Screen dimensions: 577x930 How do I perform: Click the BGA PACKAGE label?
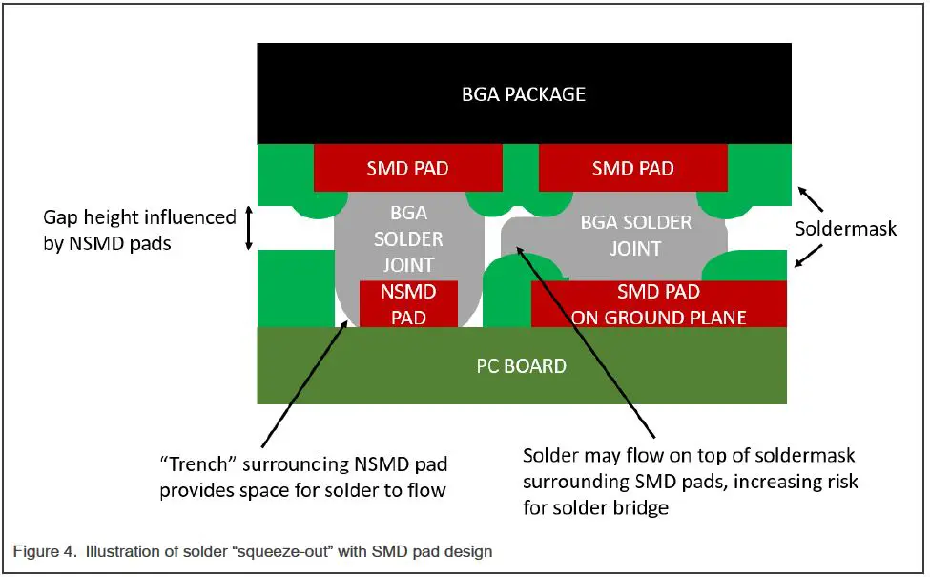[523, 94]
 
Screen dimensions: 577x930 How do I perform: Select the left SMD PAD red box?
[407, 168]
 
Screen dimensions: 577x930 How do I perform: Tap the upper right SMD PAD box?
[632, 168]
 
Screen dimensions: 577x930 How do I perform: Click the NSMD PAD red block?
[407, 304]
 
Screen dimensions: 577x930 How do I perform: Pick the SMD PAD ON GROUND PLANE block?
[658, 304]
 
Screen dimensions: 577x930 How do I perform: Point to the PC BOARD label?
[522, 365]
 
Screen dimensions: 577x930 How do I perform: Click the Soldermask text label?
[846, 229]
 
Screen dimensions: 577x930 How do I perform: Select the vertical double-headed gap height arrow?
[250, 229]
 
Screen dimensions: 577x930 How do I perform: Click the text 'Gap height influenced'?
[139, 217]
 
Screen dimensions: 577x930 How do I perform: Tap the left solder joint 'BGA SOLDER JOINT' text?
[407, 237]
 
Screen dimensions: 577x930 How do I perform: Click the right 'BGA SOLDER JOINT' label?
[635, 235]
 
